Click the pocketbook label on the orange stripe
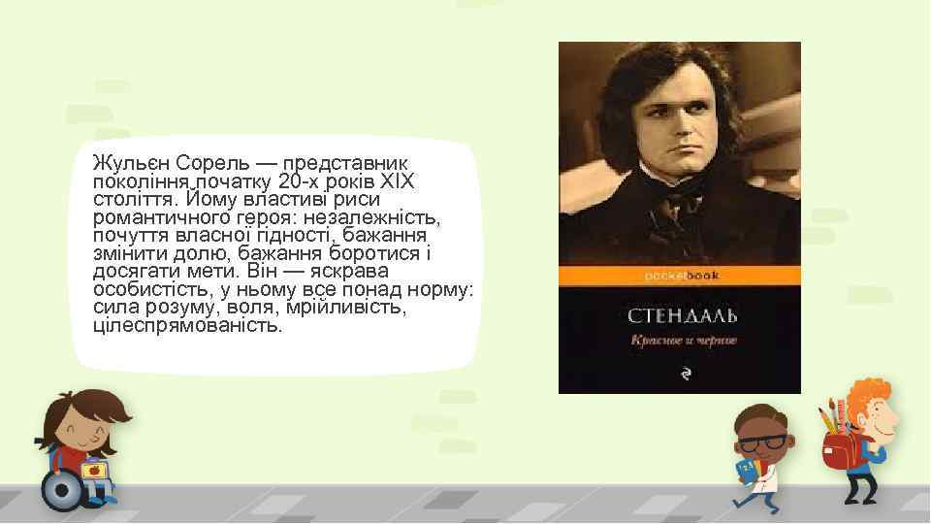680,277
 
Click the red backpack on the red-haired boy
840,448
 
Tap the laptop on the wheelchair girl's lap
94,472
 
